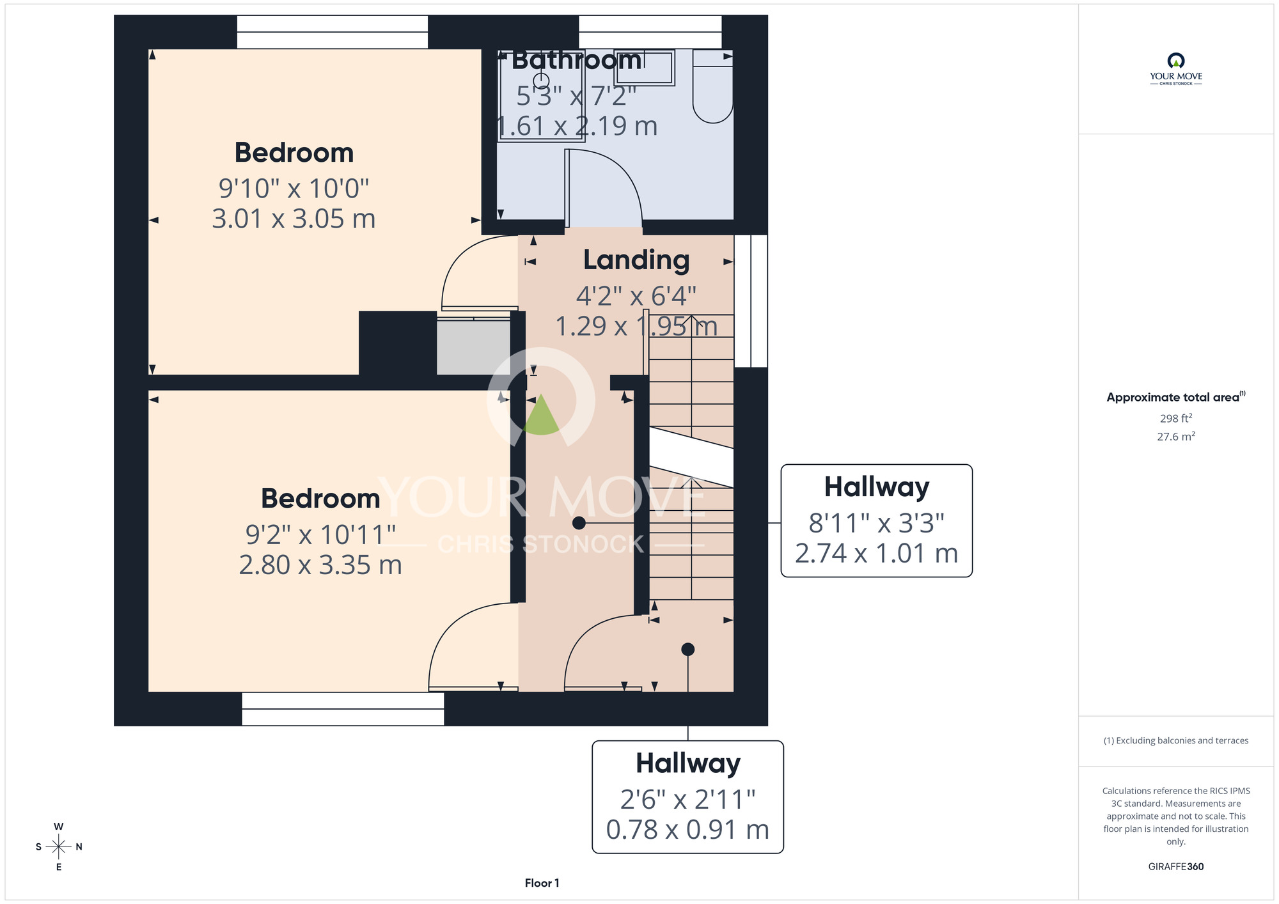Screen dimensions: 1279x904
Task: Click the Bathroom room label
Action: coord(577,60)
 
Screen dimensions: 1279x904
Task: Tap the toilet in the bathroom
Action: coord(713,86)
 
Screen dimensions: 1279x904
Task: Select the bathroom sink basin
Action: coord(644,68)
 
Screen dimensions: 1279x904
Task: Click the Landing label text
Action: coord(636,260)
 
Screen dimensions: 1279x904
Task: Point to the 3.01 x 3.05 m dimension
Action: coord(294,219)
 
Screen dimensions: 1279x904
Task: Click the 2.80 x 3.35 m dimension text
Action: coord(320,565)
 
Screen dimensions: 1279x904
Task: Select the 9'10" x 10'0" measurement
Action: coord(294,188)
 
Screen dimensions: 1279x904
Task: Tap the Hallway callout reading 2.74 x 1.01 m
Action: coord(877,520)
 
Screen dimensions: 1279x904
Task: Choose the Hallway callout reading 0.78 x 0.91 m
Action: coord(688,797)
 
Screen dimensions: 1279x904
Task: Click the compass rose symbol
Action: coord(59,847)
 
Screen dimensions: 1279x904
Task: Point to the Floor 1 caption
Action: coord(542,883)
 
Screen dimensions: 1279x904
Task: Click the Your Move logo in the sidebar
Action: coord(1176,69)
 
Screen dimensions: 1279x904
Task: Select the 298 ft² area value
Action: coord(1176,418)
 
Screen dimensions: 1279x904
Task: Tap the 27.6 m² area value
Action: coord(1176,437)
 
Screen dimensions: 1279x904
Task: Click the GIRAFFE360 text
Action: coord(1176,867)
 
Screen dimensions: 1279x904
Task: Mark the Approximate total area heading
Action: coord(1176,397)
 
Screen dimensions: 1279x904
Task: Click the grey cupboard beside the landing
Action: coord(473,347)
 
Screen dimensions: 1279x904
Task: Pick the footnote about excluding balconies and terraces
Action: coord(1176,740)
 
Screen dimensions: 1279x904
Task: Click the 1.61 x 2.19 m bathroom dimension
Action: coord(577,126)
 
